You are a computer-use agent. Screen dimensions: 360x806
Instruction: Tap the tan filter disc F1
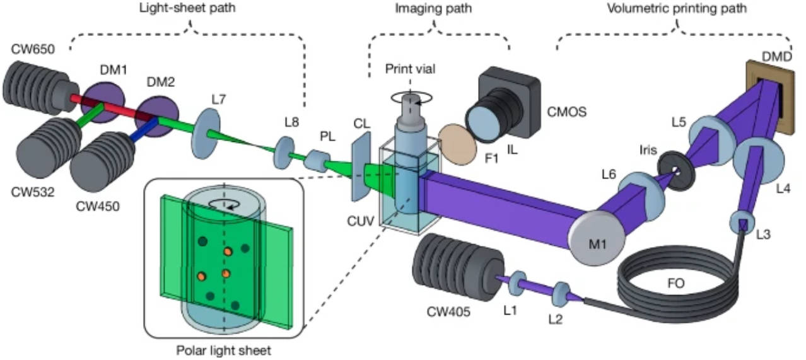point(454,143)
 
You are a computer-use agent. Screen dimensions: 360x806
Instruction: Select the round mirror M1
point(596,236)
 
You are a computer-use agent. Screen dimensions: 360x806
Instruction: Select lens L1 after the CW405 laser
point(518,281)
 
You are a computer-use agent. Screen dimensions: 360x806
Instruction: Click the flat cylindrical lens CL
point(360,167)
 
